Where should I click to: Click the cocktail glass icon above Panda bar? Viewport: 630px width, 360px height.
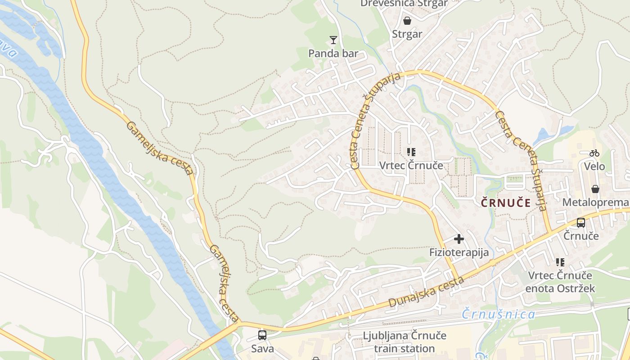[x=333, y=40]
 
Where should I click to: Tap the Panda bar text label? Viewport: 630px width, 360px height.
[x=333, y=54]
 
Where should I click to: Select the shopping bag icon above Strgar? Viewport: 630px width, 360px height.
[x=407, y=21]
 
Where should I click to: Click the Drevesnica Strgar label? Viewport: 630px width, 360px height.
[x=404, y=4]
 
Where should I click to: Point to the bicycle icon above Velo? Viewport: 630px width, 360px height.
[x=594, y=153]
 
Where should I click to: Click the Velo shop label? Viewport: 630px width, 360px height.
[x=594, y=166]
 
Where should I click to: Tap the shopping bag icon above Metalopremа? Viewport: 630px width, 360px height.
[x=595, y=189]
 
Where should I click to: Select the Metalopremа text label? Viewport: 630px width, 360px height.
[x=595, y=202]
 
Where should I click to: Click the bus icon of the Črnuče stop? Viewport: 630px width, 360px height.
[x=581, y=222]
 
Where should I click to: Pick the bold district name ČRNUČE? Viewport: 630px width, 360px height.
[x=506, y=203]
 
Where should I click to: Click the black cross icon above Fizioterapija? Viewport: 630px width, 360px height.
[x=459, y=239]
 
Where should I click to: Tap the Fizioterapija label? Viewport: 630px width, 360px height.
[x=459, y=252]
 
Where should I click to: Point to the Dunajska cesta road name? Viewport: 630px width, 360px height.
[x=426, y=292]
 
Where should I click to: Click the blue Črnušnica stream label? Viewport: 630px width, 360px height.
[x=499, y=314]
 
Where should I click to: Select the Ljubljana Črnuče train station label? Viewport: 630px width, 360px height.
[x=405, y=342]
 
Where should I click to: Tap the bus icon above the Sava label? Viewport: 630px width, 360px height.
[x=262, y=335]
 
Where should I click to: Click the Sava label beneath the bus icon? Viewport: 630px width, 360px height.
[x=262, y=348]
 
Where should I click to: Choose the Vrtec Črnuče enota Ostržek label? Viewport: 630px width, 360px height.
[x=560, y=282]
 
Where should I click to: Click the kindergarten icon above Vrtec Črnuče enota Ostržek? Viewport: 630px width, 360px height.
[x=560, y=262]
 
